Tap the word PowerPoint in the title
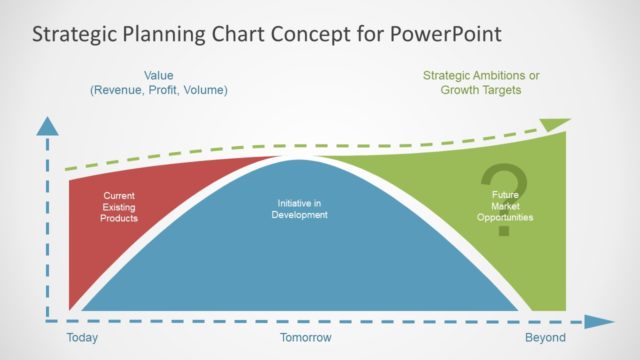pyautogui.click(x=445, y=35)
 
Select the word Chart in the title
pyautogui.click(x=239, y=35)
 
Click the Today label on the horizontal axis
pyautogui.click(x=82, y=338)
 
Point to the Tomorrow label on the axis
pyautogui.click(x=305, y=338)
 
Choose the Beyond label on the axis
pyautogui.click(x=545, y=338)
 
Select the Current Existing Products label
pyautogui.click(x=119, y=207)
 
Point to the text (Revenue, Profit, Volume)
pyautogui.click(x=159, y=90)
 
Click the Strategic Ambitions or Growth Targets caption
pyautogui.click(x=482, y=82)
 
